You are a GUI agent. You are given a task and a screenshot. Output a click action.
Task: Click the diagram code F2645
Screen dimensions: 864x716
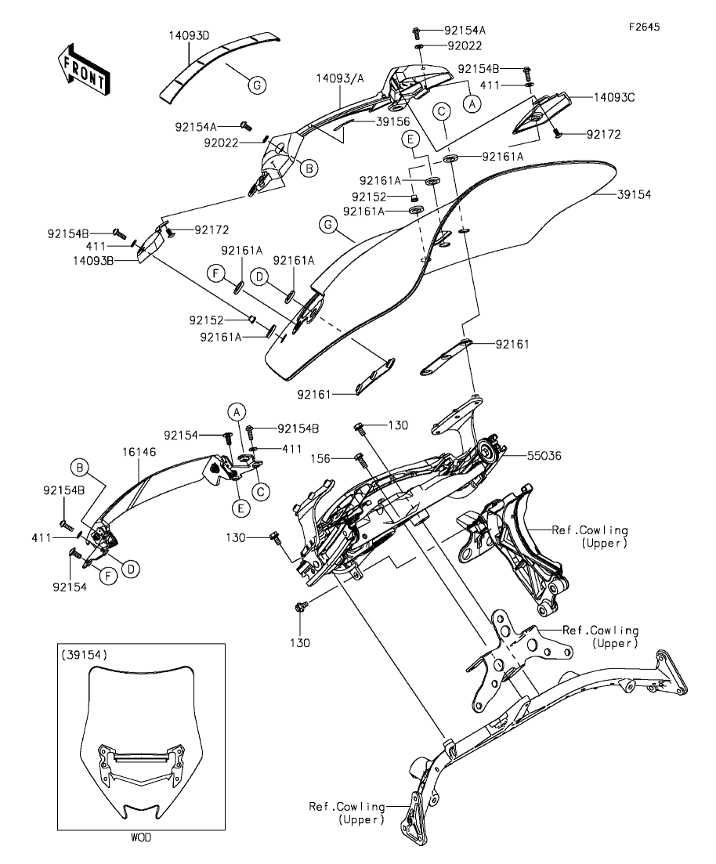[644, 27]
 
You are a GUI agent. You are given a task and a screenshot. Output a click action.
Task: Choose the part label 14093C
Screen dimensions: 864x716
[613, 98]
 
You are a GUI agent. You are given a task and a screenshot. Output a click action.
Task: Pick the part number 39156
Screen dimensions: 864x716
[393, 122]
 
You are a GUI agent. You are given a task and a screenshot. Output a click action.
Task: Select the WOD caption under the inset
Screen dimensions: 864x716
[141, 837]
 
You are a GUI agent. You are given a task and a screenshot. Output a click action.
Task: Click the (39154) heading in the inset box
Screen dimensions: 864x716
[84, 654]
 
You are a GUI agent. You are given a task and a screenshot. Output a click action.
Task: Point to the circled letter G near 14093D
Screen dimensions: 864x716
[256, 85]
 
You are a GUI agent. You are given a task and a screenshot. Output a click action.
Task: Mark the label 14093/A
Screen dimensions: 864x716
[340, 78]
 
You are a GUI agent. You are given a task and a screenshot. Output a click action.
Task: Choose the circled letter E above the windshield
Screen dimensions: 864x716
[409, 139]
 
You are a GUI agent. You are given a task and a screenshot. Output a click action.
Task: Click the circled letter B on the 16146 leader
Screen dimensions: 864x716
[79, 468]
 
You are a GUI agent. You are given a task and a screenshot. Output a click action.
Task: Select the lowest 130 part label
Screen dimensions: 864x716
[301, 642]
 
